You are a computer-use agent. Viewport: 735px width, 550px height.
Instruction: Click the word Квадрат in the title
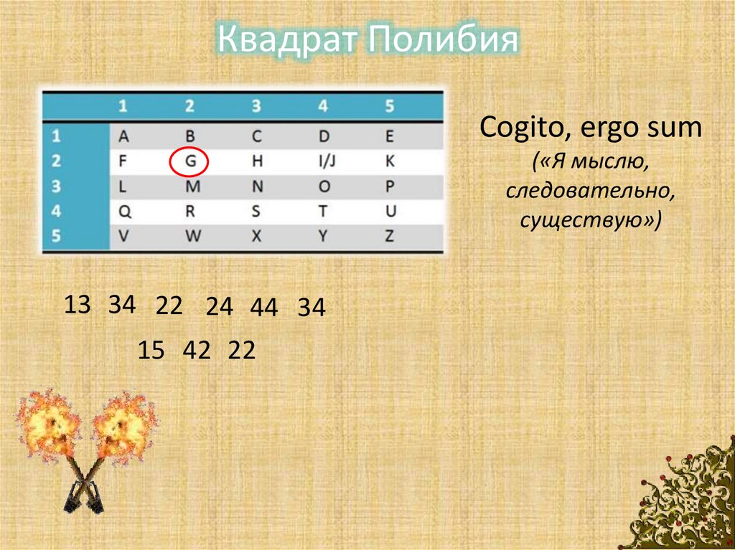(x=289, y=40)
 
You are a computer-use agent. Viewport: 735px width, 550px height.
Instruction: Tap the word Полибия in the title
(x=443, y=40)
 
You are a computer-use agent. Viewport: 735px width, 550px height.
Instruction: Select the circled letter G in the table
(x=189, y=162)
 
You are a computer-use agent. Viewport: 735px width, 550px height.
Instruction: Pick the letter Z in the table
(x=389, y=236)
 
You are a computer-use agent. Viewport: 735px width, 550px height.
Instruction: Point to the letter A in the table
(x=123, y=136)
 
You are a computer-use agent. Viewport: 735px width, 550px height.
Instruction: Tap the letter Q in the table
(x=123, y=211)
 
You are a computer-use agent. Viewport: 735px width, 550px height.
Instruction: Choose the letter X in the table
(x=256, y=236)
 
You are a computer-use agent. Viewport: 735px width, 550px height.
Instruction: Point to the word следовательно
(x=590, y=191)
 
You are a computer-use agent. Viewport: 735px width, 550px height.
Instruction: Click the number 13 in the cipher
(x=78, y=305)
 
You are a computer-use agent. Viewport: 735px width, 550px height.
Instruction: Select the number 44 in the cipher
(x=263, y=308)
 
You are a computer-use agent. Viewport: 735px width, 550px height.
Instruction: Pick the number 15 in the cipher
(x=151, y=351)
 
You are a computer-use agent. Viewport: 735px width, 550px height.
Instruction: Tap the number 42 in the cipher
(x=197, y=351)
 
